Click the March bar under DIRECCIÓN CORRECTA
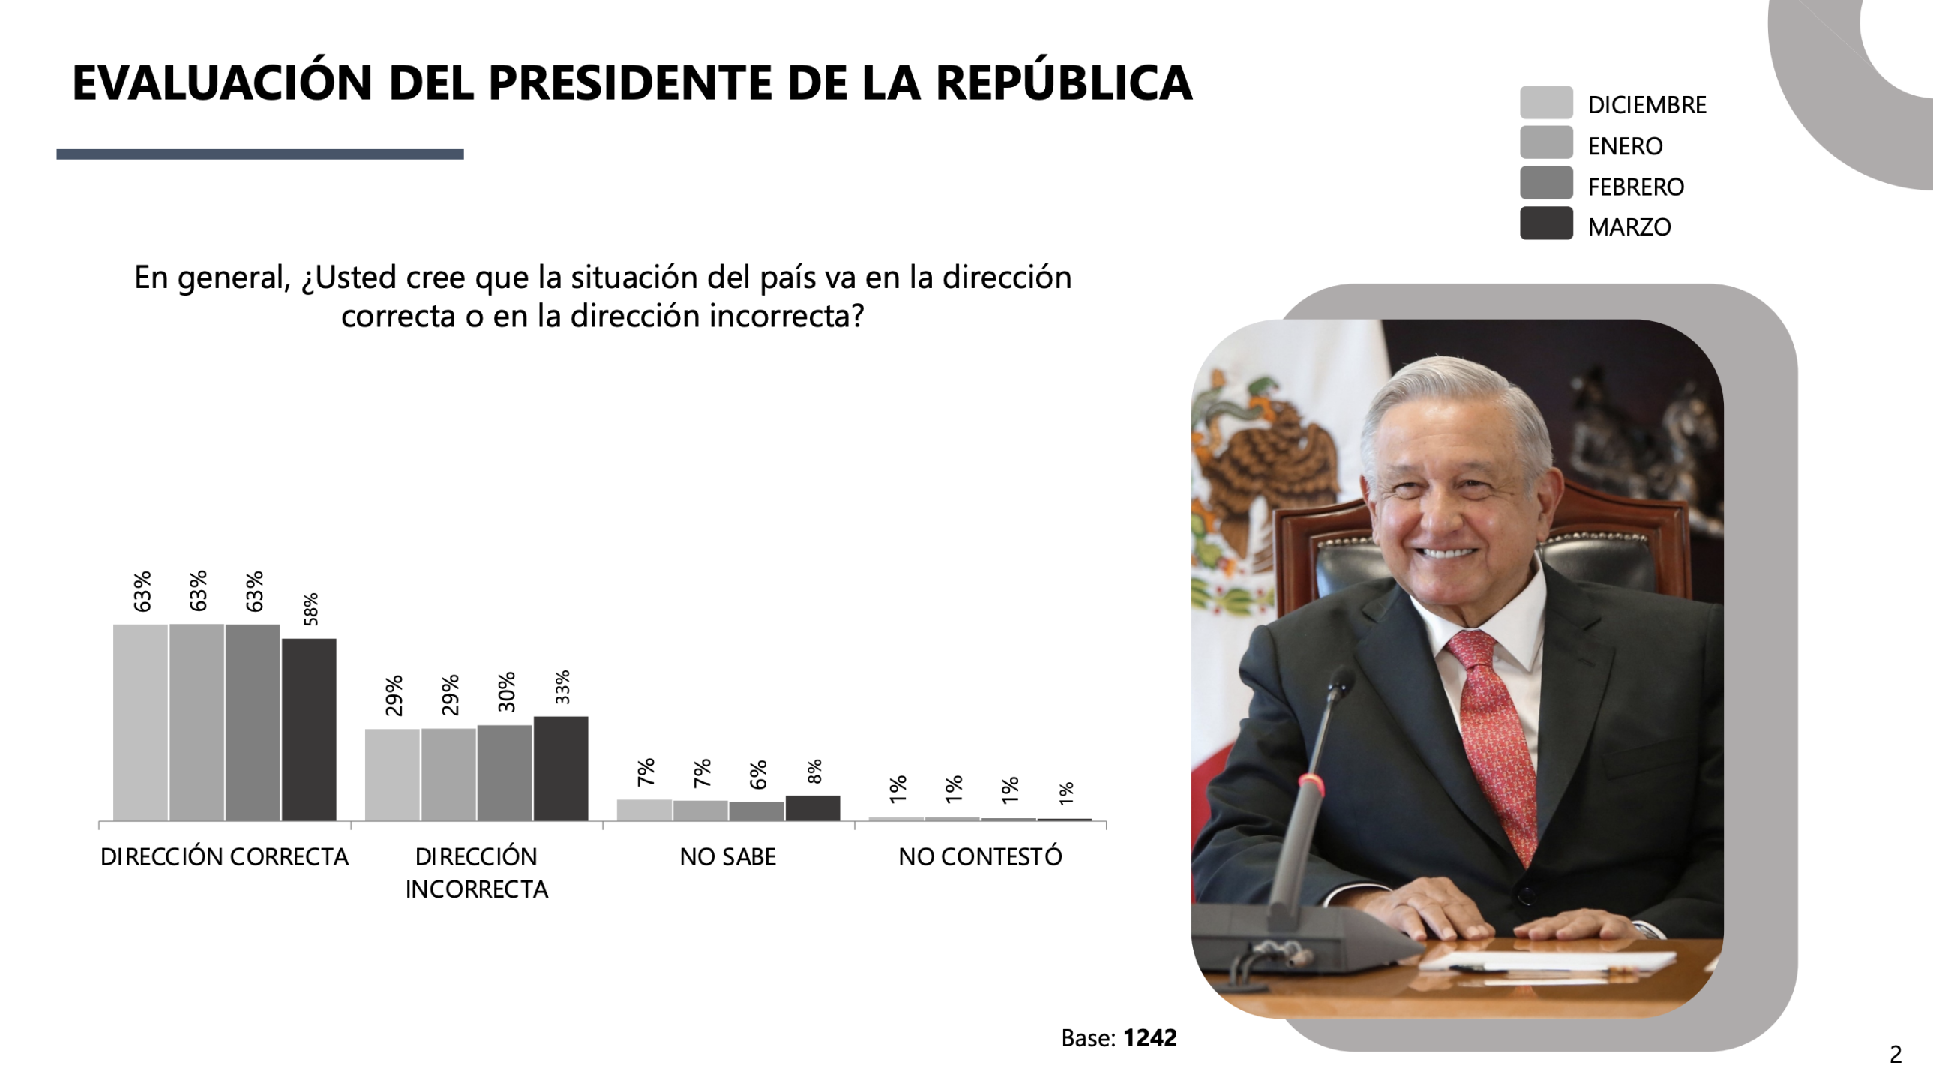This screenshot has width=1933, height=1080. (309, 730)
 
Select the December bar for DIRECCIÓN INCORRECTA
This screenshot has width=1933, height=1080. (392, 775)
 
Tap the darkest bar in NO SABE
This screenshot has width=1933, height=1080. (813, 808)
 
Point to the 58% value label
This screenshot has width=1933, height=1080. (311, 610)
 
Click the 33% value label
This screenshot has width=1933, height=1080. (563, 687)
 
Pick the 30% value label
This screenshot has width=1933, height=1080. (507, 691)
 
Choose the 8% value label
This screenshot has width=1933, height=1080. (814, 772)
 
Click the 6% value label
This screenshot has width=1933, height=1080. (758, 775)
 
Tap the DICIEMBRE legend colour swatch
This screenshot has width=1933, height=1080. (1546, 103)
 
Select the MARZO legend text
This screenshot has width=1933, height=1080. (1629, 226)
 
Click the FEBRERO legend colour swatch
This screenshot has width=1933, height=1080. (1546, 184)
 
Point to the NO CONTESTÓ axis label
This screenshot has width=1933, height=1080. (980, 856)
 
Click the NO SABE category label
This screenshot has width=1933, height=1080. (727, 856)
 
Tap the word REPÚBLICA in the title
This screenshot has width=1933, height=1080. (1063, 82)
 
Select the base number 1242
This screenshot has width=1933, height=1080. (1149, 1038)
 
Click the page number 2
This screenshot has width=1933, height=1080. (1896, 1054)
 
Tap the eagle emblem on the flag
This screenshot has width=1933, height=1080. (1268, 457)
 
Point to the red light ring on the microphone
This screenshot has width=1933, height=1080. (1311, 784)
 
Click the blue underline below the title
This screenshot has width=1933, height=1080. (259, 154)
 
